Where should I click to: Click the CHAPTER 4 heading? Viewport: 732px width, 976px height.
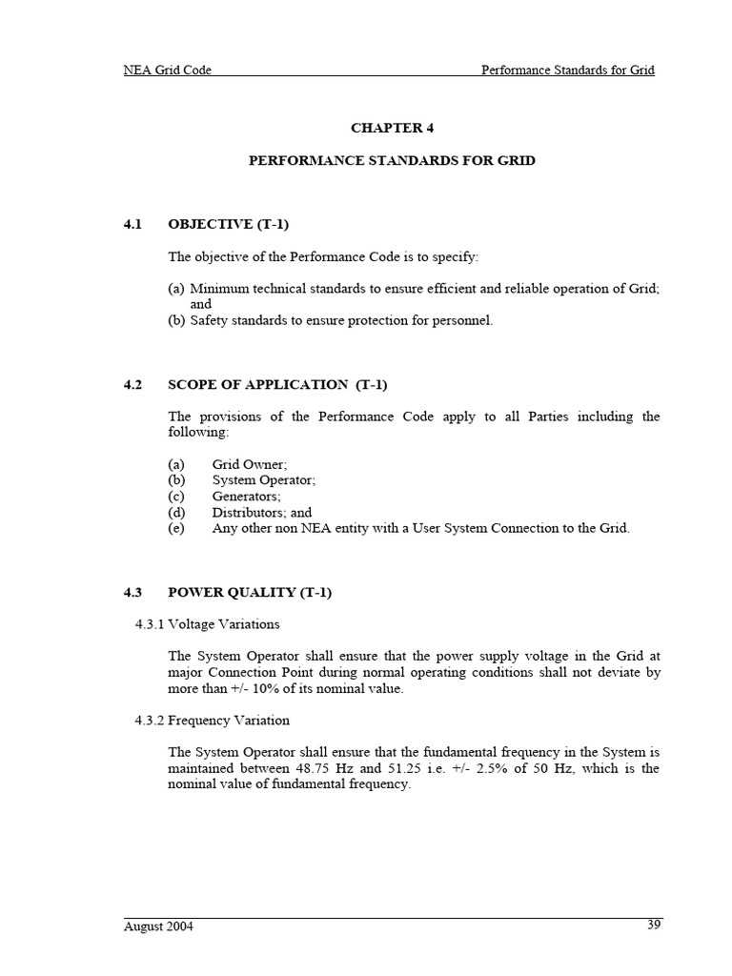pyautogui.click(x=392, y=127)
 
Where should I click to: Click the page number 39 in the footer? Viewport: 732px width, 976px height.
pyautogui.click(x=653, y=924)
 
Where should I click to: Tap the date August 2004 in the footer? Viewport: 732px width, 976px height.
pyautogui.click(x=158, y=926)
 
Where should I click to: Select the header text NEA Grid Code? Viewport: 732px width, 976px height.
pyautogui.click(x=168, y=70)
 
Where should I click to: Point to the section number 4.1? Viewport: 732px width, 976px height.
pyautogui.click(x=132, y=224)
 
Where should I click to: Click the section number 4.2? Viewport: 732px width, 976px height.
pyautogui.click(x=132, y=384)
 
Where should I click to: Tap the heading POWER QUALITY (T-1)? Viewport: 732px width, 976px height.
pyautogui.click(x=250, y=592)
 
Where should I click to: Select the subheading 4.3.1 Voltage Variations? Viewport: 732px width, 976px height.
pyautogui.click(x=207, y=624)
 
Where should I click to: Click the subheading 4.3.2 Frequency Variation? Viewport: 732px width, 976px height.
pyautogui.click(x=212, y=720)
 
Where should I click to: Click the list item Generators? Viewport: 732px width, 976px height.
pyautogui.click(x=246, y=496)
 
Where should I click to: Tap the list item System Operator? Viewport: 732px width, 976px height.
pyautogui.click(x=263, y=479)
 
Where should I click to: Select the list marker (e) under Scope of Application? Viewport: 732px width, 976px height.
pyautogui.click(x=175, y=528)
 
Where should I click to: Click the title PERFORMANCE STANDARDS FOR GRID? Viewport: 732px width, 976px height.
pyautogui.click(x=392, y=160)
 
